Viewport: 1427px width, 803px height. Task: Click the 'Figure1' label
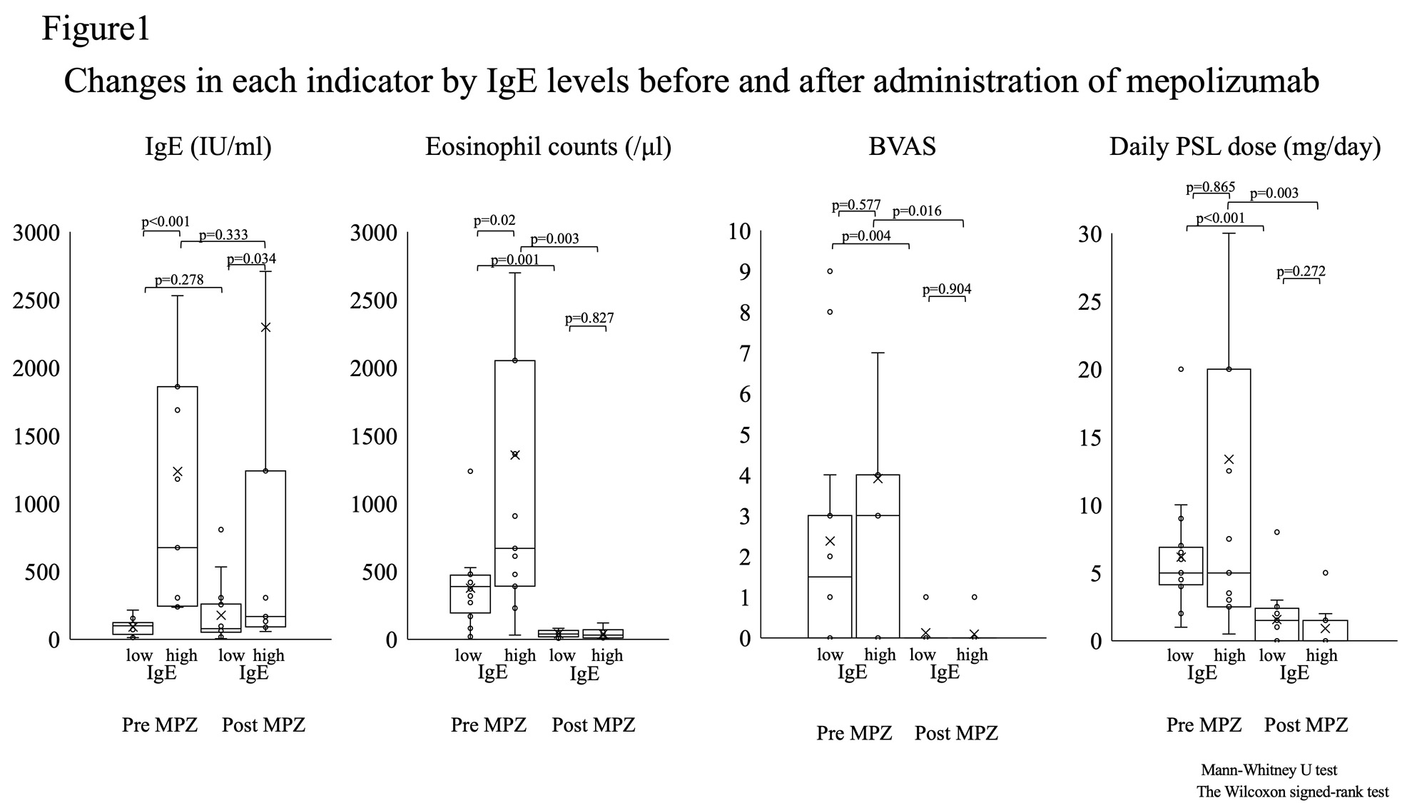pyautogui.click(x=96, y=29)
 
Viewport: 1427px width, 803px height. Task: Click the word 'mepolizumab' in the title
pyautogui.click(x=1222, y=81)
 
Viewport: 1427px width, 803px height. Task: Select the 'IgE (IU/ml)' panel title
pyautogui.click(x=208, y=147)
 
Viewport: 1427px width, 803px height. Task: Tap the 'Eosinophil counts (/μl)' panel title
pyautogui.click(x=548, y=147)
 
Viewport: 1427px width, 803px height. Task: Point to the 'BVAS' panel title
pyautogui.click(x=902, y=147)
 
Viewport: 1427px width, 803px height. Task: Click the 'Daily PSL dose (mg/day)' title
pyautogui.click(x=1244, y=147)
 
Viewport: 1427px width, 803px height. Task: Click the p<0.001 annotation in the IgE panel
pyautogui.click(x=166, y=222)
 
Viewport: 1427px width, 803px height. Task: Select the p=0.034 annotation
pyautogui.click(x=251, y=258)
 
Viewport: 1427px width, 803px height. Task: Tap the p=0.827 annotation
pyautogui.click(x=589, y=318)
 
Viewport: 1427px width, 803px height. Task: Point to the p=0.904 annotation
pyautogui.click(x=946, y=289)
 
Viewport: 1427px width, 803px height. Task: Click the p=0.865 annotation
pyautogui.click(x=1210, y=187)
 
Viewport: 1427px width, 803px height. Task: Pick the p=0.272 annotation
pyautogui.click(x=1301, y=271)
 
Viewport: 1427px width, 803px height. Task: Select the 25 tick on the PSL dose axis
pyautogui.click(x=1091, y=302)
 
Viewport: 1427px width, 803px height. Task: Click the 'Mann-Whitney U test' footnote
pyautogui.click(x=1269, y=770)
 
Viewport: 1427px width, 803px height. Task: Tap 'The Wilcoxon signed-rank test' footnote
pyautogui.click(x=1293, y=792)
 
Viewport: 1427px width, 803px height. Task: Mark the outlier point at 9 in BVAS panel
pyautogui.click(x=830, y=271)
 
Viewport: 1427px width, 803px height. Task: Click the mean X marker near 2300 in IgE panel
pyautogui.click(x=265, y=328)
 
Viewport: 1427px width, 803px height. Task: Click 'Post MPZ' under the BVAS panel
pyautogui.click(x=956, y=733)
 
